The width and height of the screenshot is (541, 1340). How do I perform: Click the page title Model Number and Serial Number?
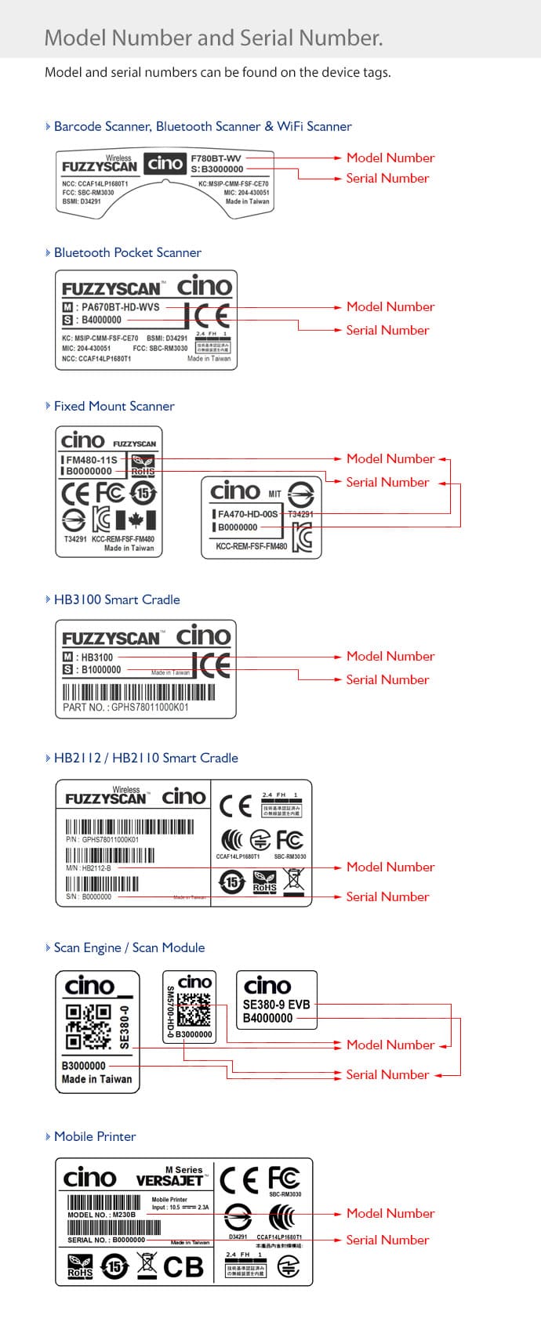[x=213, y=38]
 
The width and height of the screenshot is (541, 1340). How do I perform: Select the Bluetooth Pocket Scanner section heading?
[x=127, y=252]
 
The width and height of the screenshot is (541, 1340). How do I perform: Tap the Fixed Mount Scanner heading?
[x=114, y=406]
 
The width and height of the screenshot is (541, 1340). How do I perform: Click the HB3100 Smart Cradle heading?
[x=117, y=599]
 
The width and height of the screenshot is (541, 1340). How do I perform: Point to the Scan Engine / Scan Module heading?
[x=129, y=947]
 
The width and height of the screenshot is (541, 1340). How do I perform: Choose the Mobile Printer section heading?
[x=95, y=1136]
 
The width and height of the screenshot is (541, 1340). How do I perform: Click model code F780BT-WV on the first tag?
[x=216, y=158]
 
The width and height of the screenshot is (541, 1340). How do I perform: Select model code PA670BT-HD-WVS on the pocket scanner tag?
[x=120, y=307]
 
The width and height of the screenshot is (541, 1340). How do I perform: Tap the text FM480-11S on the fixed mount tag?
[x=92, y=460]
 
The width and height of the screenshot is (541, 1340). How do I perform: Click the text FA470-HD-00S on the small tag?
[x=248, y=514]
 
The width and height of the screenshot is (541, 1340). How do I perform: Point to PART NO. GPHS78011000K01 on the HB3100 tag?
[x=125, y=707]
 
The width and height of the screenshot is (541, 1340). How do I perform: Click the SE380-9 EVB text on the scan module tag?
[x=276, y=1004]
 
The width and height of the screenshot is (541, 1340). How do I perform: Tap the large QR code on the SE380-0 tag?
[x=87, y=1027]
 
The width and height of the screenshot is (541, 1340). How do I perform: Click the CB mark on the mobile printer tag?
[x=183, y=1267]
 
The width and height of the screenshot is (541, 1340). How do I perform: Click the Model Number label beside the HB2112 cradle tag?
[x=390, y=867]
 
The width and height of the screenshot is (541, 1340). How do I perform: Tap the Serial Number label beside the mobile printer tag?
[x=387, y=1240]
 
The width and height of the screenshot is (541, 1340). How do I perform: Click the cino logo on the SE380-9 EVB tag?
[x=267, y=986]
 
